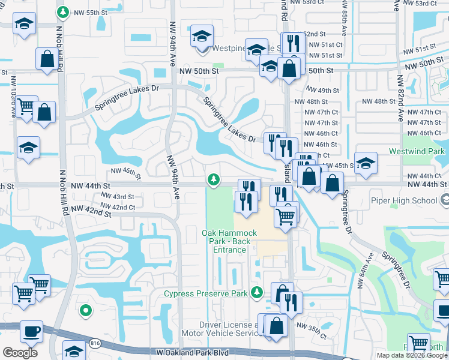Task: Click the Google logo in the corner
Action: (20, 353)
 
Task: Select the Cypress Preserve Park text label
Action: (206, 293)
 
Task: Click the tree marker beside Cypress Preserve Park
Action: (257, 292)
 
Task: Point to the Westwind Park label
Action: (418, 151)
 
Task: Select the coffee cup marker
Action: (30, 330)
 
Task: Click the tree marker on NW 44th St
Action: (213, 179)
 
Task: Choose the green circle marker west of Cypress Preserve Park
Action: (86, 310)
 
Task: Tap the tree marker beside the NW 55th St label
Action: (62, 12)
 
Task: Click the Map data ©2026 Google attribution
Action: (411, 355)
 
